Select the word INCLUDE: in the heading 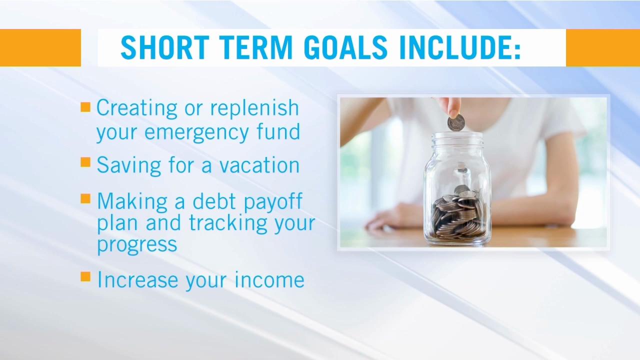459,48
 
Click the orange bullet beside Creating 85,107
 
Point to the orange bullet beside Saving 85,162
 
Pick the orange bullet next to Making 85,199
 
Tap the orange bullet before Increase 85,276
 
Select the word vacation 259,165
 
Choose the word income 269,279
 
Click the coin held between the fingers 456,122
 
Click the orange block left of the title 40,48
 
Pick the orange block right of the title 602,48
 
